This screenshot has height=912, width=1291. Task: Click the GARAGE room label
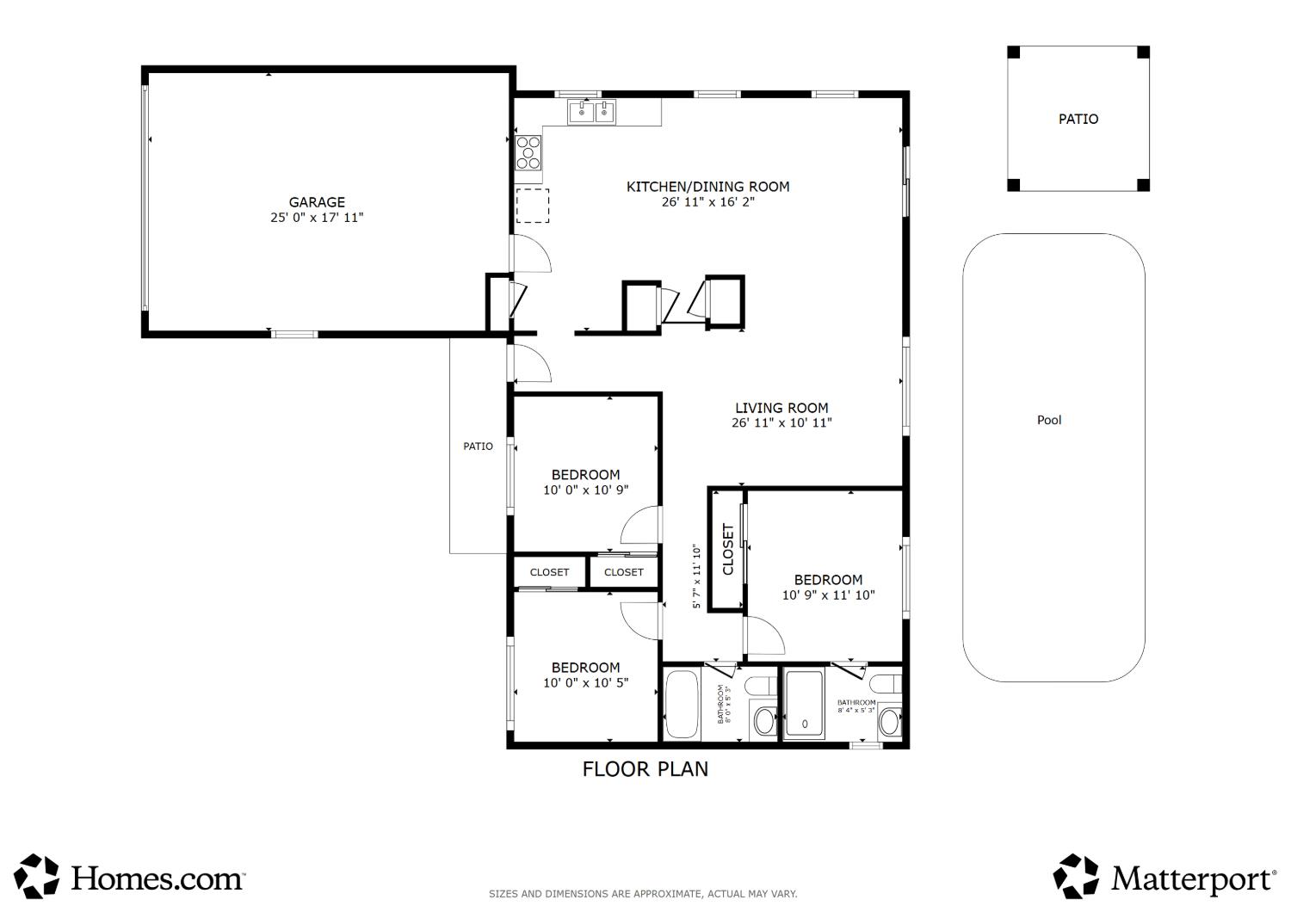coord(317,202)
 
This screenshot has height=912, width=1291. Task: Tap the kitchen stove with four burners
coord(528,152)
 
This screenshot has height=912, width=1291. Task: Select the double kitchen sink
coord(592,112)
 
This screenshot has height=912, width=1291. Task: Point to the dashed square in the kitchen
coord(533,206)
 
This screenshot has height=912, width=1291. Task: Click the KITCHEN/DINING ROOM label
coord(707,187)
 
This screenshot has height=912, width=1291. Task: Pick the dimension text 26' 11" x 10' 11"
coord(781,422)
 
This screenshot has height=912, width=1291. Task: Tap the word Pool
coord(1049,420)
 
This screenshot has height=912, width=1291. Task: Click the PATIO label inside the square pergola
coord(1078,120)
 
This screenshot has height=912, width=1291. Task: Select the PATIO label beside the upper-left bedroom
coord(478,446)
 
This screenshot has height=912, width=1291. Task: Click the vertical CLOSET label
coord(728,549)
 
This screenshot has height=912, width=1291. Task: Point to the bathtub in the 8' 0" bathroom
coord(682,704)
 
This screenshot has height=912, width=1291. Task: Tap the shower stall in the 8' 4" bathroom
coord(805,704)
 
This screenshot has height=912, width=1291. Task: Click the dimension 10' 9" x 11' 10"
coord(828,595)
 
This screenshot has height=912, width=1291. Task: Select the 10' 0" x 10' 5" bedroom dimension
coord(585,682)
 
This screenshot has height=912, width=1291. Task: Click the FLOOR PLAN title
coord(645,769)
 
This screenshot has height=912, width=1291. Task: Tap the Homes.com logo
coord(130,876)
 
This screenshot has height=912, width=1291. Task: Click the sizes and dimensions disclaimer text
coord(643,894)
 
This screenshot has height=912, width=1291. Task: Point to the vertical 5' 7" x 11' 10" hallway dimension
coord(697,576)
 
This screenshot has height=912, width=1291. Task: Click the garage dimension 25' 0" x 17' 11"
coord(317,218)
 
